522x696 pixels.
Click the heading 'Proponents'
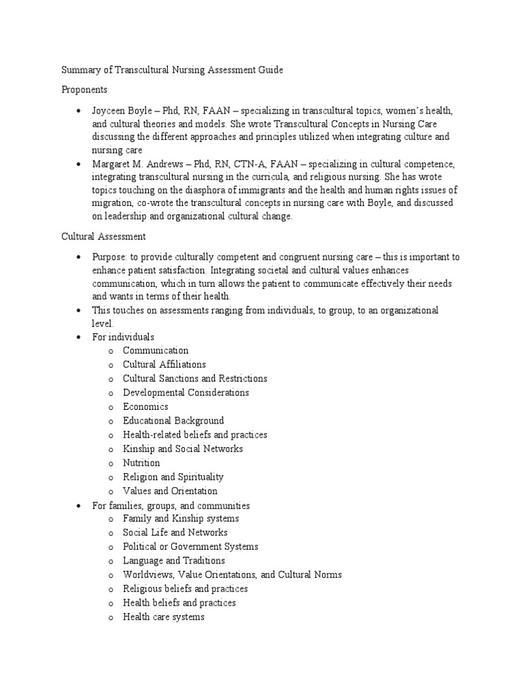84,89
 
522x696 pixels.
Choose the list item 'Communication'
156,351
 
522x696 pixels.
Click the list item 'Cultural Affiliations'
164,364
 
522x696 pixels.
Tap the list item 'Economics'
145,406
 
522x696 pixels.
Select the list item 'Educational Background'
173,421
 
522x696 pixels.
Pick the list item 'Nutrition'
141,463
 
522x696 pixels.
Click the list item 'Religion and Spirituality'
173,477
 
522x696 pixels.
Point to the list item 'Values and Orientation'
170,491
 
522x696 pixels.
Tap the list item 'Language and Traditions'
173,561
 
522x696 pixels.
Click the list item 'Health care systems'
163,617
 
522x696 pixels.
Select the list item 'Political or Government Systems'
190,546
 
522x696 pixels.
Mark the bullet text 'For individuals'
123,337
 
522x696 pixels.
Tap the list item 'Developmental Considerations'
186,393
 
